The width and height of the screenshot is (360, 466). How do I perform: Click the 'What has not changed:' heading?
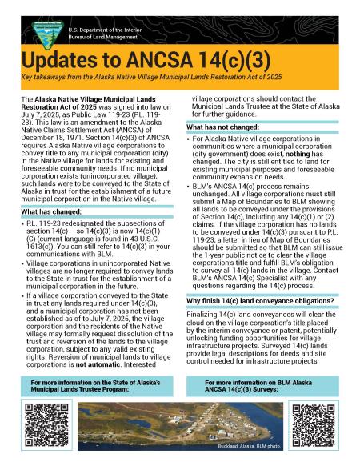(224, 127)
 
